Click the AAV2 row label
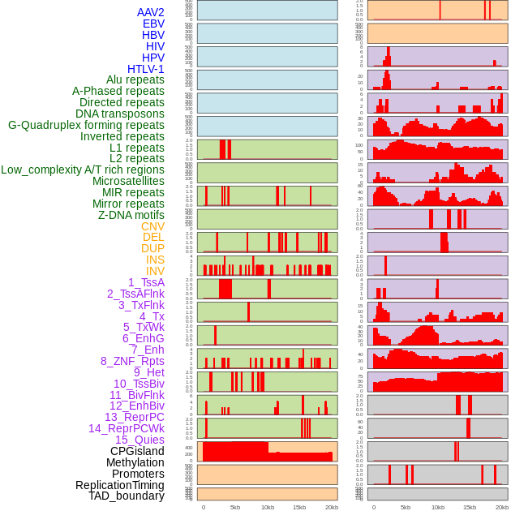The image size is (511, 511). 150,12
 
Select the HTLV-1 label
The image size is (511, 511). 145,69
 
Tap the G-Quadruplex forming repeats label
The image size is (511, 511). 86,125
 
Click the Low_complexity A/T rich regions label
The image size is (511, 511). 82,170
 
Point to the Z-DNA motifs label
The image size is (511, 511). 131,215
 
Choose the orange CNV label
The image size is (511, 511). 152,226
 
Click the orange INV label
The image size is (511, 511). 155,271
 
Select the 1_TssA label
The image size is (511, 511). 146,282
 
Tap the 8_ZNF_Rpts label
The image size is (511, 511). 132,361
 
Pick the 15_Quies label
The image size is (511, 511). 140,440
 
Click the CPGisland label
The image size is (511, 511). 137,451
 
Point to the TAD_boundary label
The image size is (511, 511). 126,496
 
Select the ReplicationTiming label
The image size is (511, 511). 120,485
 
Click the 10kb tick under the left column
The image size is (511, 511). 268,507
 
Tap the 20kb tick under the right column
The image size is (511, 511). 501,507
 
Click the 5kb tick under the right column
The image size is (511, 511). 406,507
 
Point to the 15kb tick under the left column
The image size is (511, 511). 299,507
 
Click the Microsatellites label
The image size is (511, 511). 128,181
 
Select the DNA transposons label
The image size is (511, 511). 120,114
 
